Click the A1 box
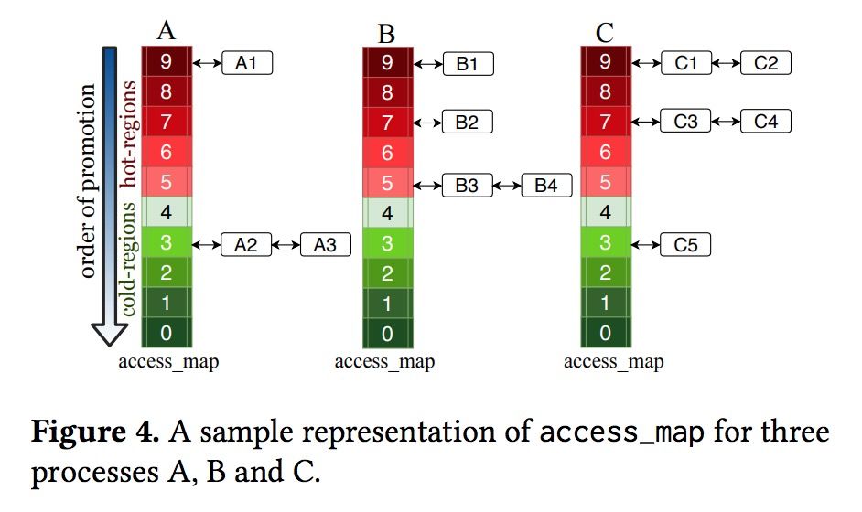247,63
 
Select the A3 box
325,245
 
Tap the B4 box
546,186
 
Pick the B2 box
467,122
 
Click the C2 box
765,63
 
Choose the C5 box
685,245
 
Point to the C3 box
685,121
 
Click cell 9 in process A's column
166,63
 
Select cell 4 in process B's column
387,215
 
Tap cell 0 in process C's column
605,333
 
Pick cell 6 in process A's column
166,153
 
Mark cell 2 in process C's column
605,273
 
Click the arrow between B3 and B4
507,186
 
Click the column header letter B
386,34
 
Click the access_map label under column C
613,362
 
